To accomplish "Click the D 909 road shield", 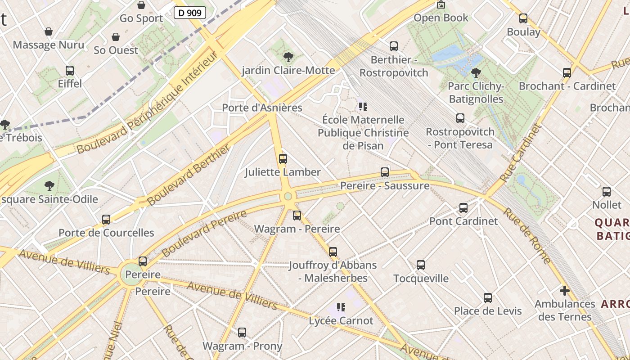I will (190, 13).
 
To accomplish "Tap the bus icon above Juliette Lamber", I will (283, 158).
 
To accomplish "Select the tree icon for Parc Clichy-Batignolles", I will (476, 73).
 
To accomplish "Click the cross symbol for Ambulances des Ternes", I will (565, 291).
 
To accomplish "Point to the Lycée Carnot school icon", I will (341, 307).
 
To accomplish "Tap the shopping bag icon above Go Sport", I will (141, 5).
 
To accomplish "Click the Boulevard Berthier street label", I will (189, 175).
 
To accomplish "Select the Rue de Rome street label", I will (526, 235).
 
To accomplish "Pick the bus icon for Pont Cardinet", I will (463, 208).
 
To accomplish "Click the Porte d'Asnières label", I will (262, 108).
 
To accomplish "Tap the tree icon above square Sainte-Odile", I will (49, 185).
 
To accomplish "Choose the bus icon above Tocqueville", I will (421, 265).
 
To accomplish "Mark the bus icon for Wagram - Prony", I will (242, 333).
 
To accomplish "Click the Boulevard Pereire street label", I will (204, 234).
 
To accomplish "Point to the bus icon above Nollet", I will (607, 192).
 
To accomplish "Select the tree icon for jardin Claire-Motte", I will (288, 57).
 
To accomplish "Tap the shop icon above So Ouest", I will (116, 37).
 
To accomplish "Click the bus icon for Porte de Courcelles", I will (106, 220).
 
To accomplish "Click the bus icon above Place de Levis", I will (488, 298).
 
